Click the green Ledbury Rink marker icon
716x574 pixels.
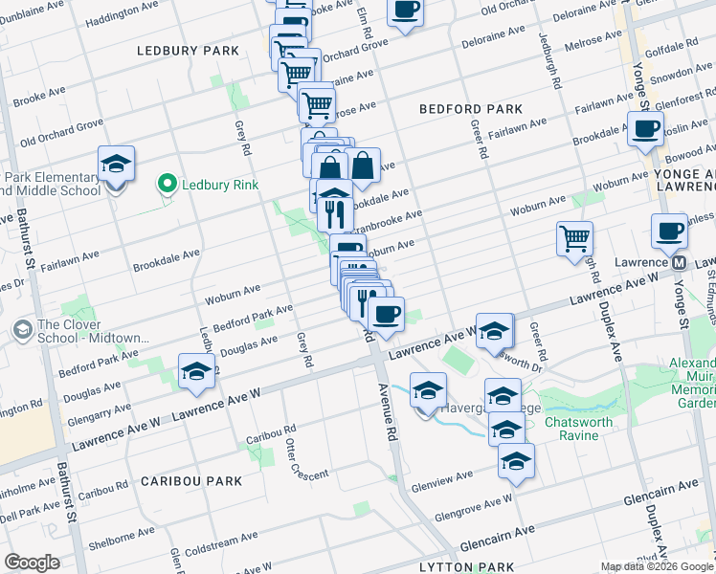coord(167,183)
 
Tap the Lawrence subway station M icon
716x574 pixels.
coord(679,262)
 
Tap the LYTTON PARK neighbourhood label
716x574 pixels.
coord(461,566)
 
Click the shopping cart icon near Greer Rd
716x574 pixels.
coord(574,237)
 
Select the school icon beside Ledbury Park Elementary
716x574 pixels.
coord(116,165)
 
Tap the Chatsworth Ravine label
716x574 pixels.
coord(585,429)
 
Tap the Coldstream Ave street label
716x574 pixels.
coord(223,547)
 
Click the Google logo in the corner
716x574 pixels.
coord(32,563)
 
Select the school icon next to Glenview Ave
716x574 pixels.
coord(516,461)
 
